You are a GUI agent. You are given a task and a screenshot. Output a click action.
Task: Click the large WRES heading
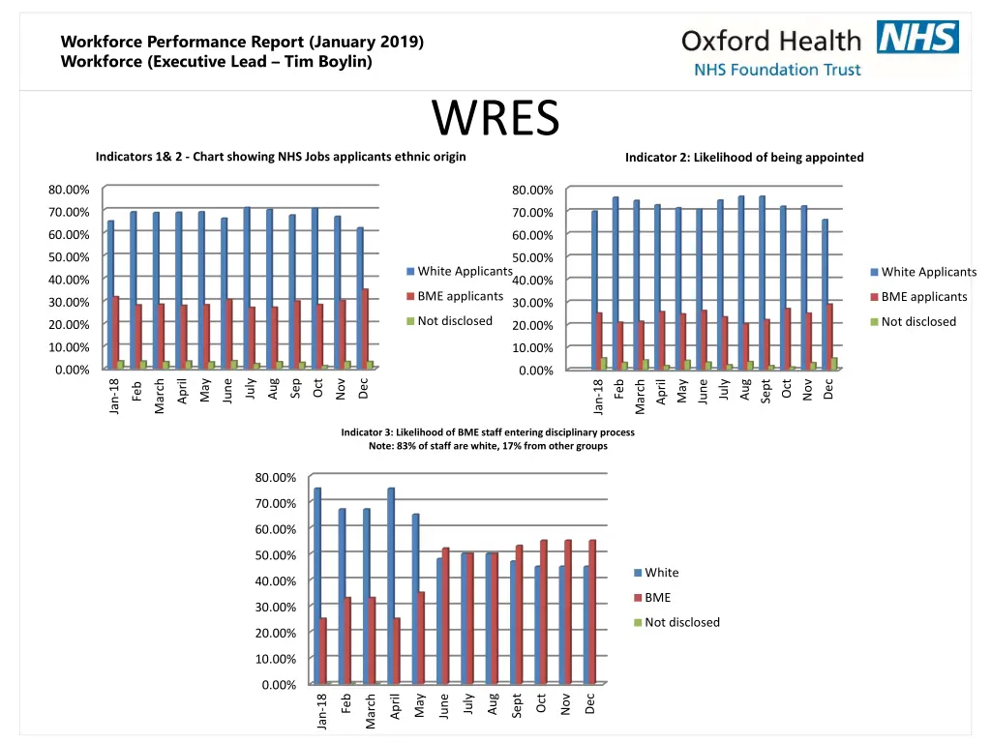coord(495,119)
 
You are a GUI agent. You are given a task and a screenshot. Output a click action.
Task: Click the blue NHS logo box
coord(917,38)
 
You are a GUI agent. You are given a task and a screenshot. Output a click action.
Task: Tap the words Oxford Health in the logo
coord(770,41)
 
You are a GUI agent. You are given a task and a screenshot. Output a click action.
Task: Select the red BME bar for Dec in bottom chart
coord(592,611)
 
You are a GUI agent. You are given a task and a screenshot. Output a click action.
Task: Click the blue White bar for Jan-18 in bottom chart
coord(317,585)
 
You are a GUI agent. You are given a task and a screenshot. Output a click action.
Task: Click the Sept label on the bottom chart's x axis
coord(518,705)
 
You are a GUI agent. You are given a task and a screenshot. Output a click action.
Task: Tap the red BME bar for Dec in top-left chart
coord(365,328)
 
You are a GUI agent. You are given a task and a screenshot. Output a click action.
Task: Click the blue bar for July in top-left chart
coord(247,287)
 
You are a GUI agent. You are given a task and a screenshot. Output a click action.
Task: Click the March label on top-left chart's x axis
coord(160,395)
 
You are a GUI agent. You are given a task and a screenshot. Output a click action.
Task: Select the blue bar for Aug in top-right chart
coord(741,282)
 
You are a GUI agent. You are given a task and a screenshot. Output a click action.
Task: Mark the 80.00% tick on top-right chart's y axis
coord(532,191)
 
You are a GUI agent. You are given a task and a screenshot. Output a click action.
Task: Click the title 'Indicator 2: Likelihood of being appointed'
coord(744,158)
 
